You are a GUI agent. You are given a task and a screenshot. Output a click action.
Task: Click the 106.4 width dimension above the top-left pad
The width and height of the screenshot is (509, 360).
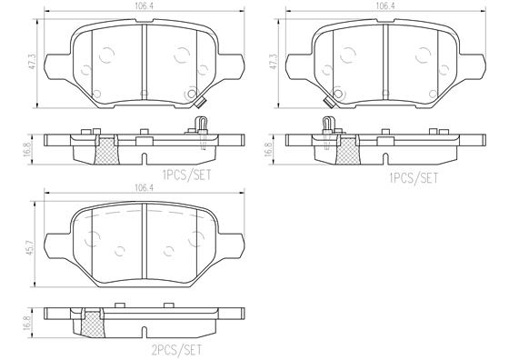tap(145, 5)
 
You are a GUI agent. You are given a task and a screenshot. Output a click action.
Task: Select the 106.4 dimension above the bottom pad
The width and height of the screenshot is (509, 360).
tap(145, 187)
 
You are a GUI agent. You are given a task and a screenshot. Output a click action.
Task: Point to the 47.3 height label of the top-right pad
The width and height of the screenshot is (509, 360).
tap(274, 61)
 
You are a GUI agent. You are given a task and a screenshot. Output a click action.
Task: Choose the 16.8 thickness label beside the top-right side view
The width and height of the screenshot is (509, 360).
tap(268, 149)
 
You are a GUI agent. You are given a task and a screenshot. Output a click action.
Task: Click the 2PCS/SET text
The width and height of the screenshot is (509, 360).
tap(177, 350)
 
